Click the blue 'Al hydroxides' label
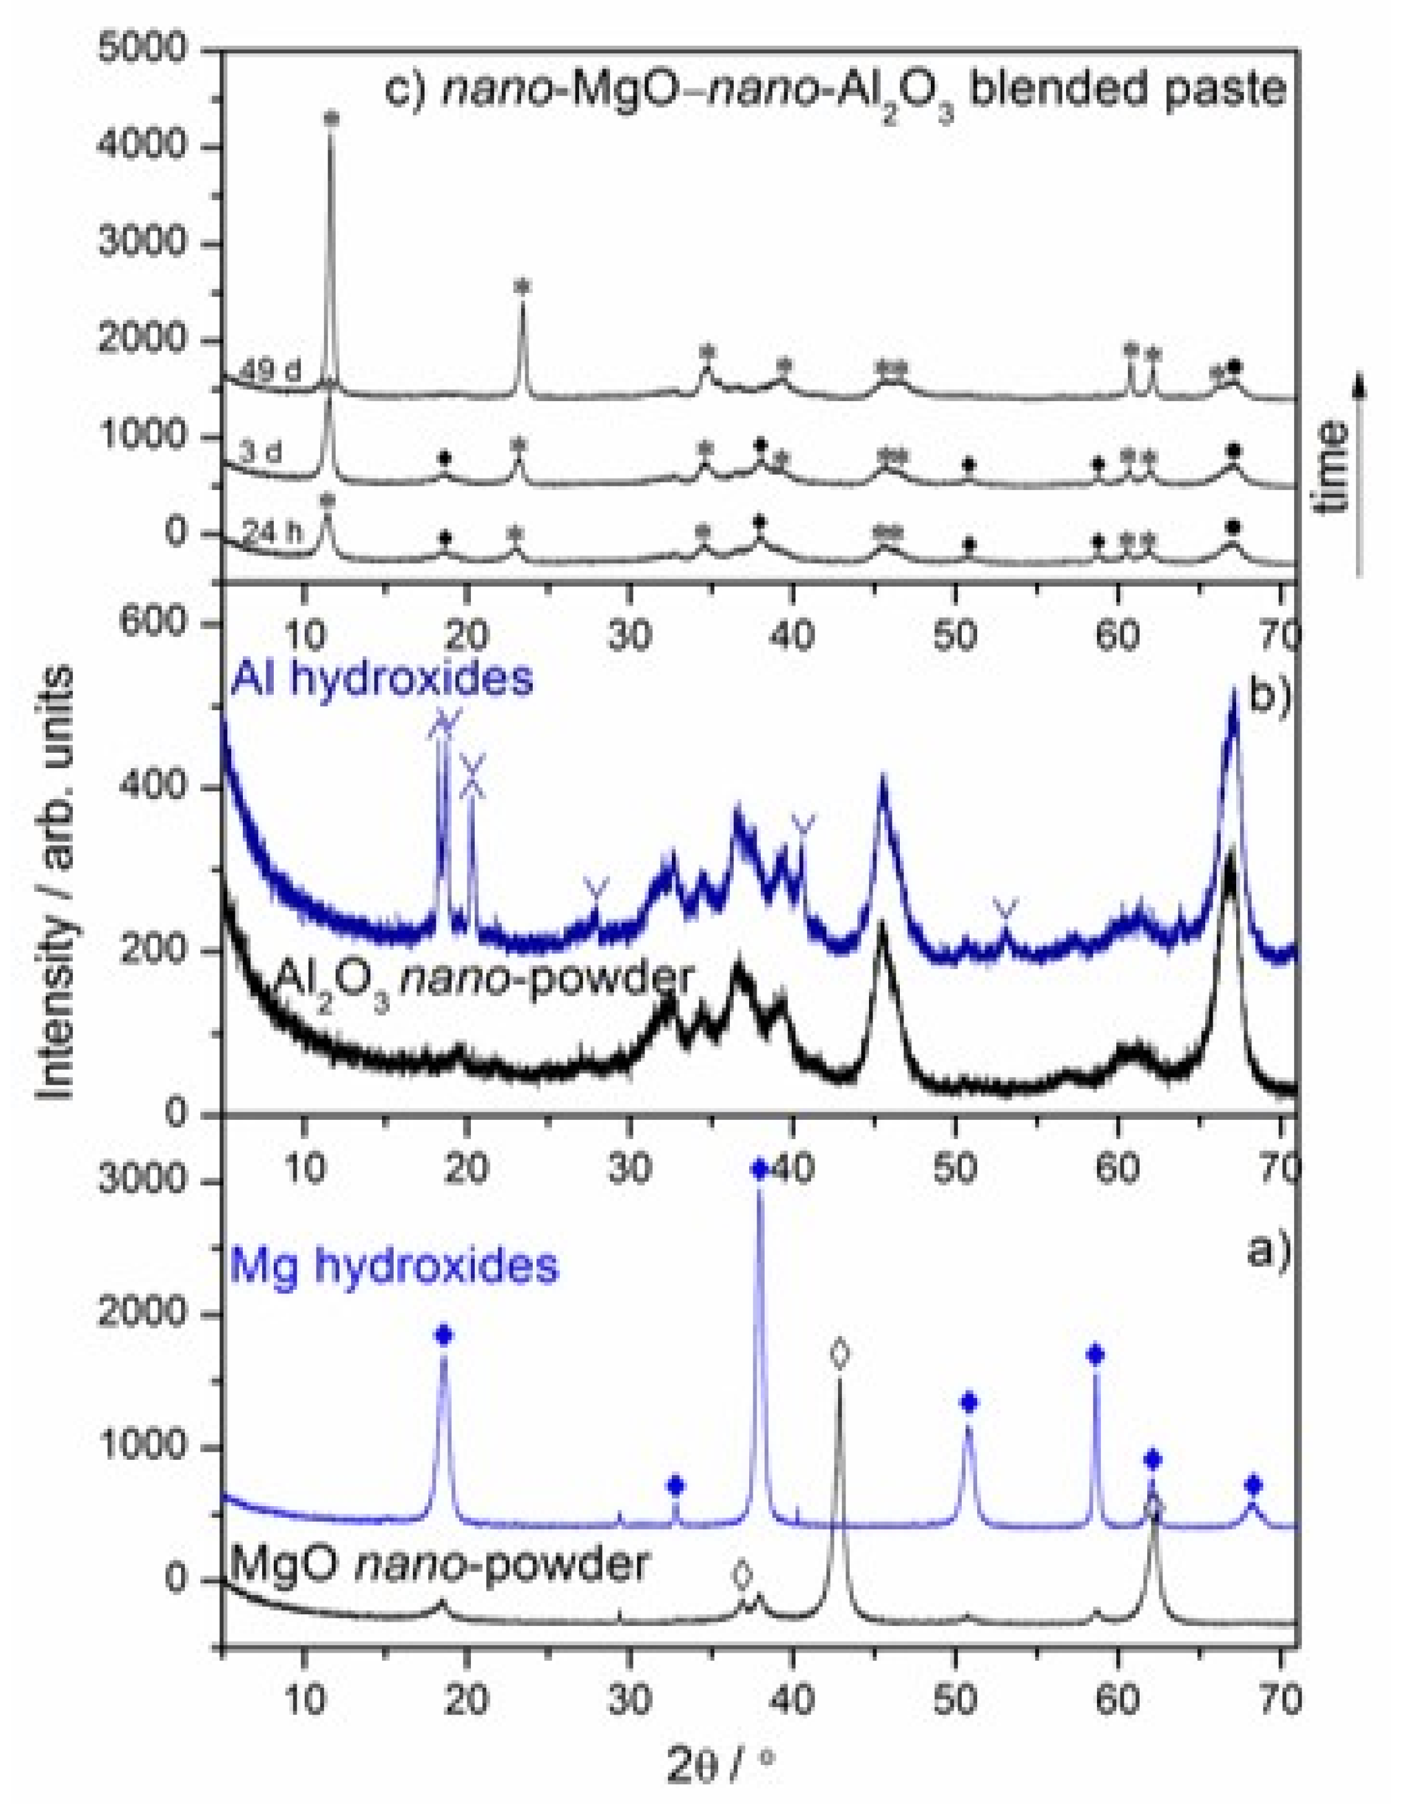(382, 677)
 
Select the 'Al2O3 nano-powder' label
(483, 980)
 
